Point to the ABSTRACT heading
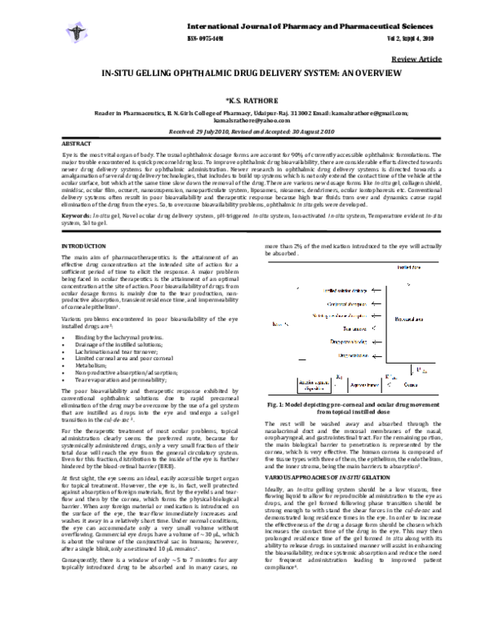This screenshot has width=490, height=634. [77, 142]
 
